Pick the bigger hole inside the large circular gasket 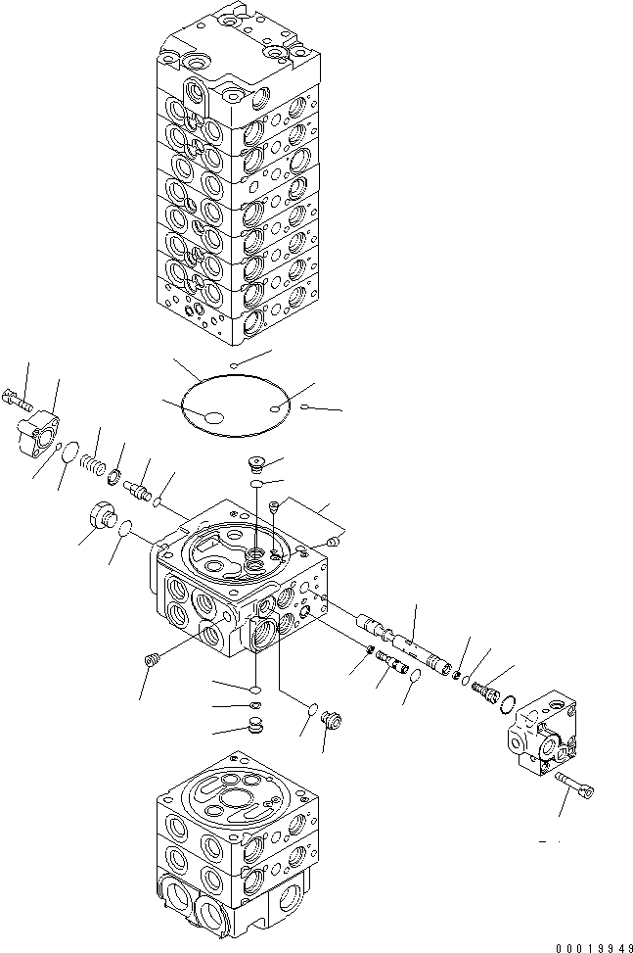(x=211, y=419)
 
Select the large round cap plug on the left (x=100, y=515)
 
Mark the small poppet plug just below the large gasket (x=257, y=465)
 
